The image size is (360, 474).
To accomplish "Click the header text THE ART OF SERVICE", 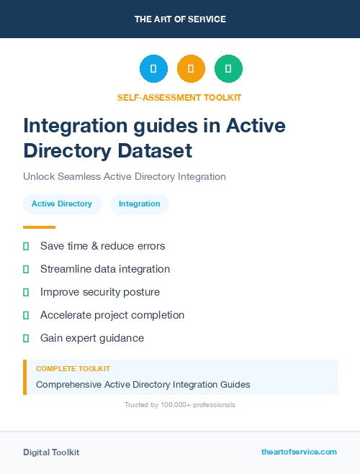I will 180,19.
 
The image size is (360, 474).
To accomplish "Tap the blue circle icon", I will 153,69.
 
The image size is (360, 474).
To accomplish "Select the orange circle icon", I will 191,69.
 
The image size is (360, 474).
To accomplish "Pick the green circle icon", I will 228,69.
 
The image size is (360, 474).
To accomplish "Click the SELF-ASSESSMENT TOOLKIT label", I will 180,97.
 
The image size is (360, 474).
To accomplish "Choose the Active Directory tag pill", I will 62,204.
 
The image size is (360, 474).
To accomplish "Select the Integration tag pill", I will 140,204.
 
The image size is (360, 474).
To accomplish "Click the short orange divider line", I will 39,227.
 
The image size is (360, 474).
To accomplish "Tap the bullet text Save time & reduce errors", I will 102,246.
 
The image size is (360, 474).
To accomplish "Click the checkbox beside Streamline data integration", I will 26,269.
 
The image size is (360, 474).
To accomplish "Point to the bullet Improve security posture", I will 100,292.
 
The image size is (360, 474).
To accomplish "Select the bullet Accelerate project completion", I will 112,315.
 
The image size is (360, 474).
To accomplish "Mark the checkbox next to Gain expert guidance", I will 26,338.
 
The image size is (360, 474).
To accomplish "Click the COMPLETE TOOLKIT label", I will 73,369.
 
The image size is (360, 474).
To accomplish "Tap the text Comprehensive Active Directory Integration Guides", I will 143,385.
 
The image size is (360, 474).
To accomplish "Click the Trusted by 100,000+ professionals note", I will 180,405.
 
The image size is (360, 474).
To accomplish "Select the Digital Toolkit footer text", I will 51,452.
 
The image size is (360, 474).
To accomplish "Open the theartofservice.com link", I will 299,452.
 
